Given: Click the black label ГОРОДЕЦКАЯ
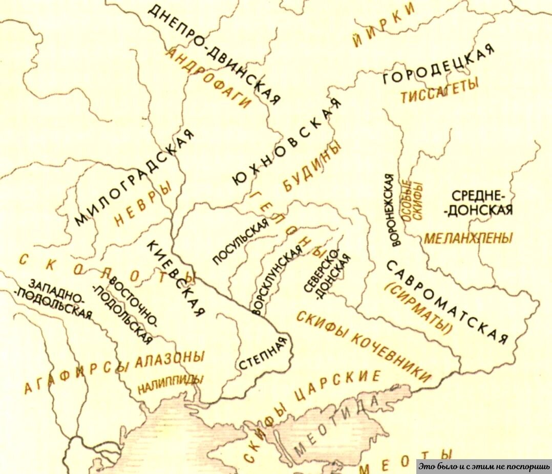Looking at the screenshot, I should tap(439, 66).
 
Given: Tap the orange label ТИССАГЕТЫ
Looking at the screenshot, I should tap(439, 91).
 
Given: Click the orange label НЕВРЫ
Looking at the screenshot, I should tap(143, 205).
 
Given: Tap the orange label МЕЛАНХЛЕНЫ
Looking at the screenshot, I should tap(468, 238).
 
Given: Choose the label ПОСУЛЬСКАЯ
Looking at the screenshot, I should tap(241, 240).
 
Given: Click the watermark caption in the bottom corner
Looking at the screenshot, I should tap(483, 466).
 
